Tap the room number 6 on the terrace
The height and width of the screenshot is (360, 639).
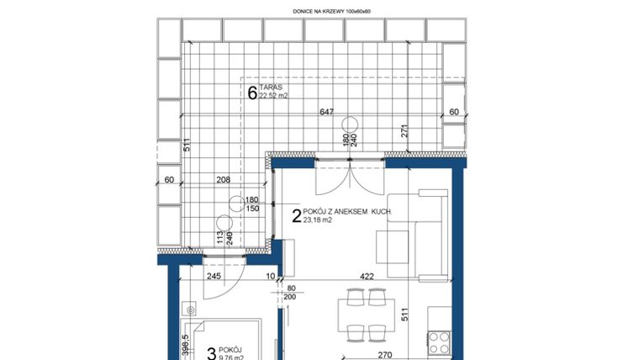click(x=251, y=93)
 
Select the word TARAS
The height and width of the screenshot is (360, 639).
click(x=270, y=87)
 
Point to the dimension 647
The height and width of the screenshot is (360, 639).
click(x=327, y=111)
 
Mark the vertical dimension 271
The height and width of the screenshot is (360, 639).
click(x=404, y=130)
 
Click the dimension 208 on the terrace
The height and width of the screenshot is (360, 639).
click(x=224, y=180)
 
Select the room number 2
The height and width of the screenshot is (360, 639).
click(x=296, y=215)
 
